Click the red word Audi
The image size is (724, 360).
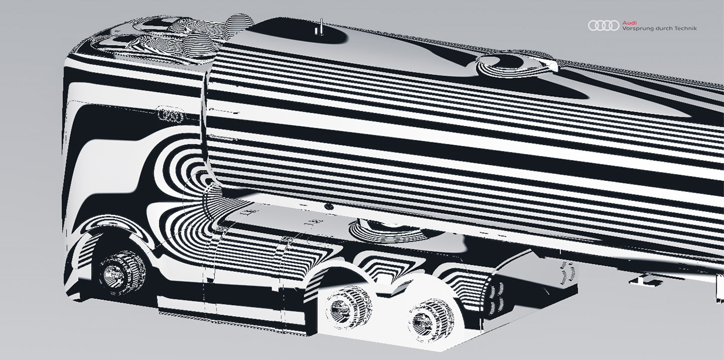click(x=629, y=22)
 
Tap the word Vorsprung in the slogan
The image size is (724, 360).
click(x=636, y=28)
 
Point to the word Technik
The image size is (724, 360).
click(x=685, y=28)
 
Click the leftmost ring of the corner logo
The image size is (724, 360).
click(x=593, y=25)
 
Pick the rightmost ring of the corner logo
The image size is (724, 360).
click(x=614, y=25)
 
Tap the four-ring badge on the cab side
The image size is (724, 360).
click(x=170, y=115)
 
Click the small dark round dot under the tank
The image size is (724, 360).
click(x=328, y=207)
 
